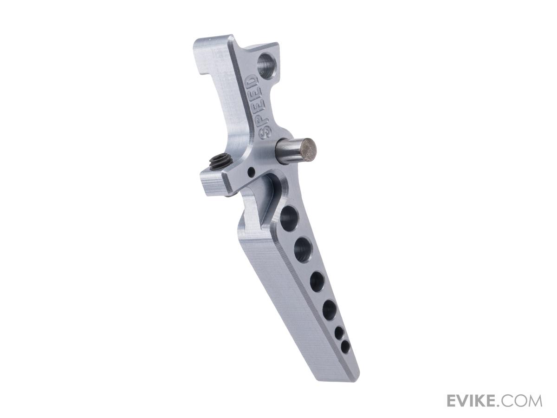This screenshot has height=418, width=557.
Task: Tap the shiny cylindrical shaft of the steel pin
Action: (x=289, y=148)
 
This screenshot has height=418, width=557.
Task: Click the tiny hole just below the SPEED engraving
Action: (x=251, y=172)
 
